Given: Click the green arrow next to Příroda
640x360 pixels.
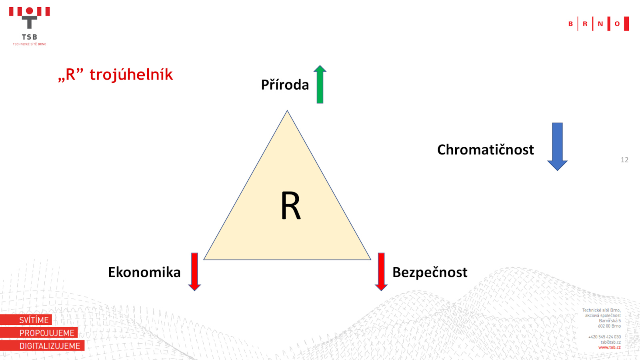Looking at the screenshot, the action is coord(320,84).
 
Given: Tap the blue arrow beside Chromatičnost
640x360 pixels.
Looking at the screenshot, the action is coord(558,146).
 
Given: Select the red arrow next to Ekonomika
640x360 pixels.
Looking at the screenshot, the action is coord(194,272).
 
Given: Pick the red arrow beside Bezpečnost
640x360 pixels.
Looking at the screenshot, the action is coord(381,272).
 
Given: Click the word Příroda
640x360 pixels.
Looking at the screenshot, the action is coord(285,85).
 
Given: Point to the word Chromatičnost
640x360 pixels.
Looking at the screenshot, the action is coord(486,150).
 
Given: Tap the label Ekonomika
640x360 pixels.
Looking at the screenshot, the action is coord(144,272).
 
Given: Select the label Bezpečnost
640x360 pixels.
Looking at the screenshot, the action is coord(430,272).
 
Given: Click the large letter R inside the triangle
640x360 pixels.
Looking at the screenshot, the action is coord(291,206).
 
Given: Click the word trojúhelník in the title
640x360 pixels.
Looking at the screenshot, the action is coord(131,74).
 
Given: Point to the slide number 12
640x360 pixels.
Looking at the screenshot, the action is coord(624,160).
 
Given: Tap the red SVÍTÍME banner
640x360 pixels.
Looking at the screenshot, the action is coord(26,320).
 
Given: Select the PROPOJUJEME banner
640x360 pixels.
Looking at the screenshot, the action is coord(39,332).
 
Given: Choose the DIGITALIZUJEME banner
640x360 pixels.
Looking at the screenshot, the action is coord(42,346).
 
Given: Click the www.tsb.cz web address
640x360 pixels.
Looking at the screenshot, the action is coord(610,348).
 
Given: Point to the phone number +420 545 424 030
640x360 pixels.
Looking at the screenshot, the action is coord(604,337).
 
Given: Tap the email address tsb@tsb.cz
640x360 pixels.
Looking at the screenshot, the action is coord(610,342).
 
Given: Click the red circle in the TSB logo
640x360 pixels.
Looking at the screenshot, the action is coord(30,11).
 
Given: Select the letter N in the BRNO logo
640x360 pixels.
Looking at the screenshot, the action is coord(600,24).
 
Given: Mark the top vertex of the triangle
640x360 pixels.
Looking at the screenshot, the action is coord(287,110).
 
